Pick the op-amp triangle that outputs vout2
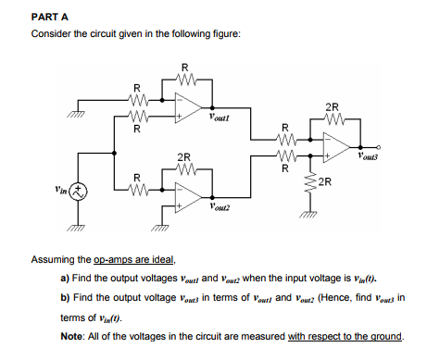192,195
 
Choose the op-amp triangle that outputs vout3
336,146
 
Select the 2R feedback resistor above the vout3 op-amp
332,119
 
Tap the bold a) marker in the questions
66,277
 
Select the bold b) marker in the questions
66,296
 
